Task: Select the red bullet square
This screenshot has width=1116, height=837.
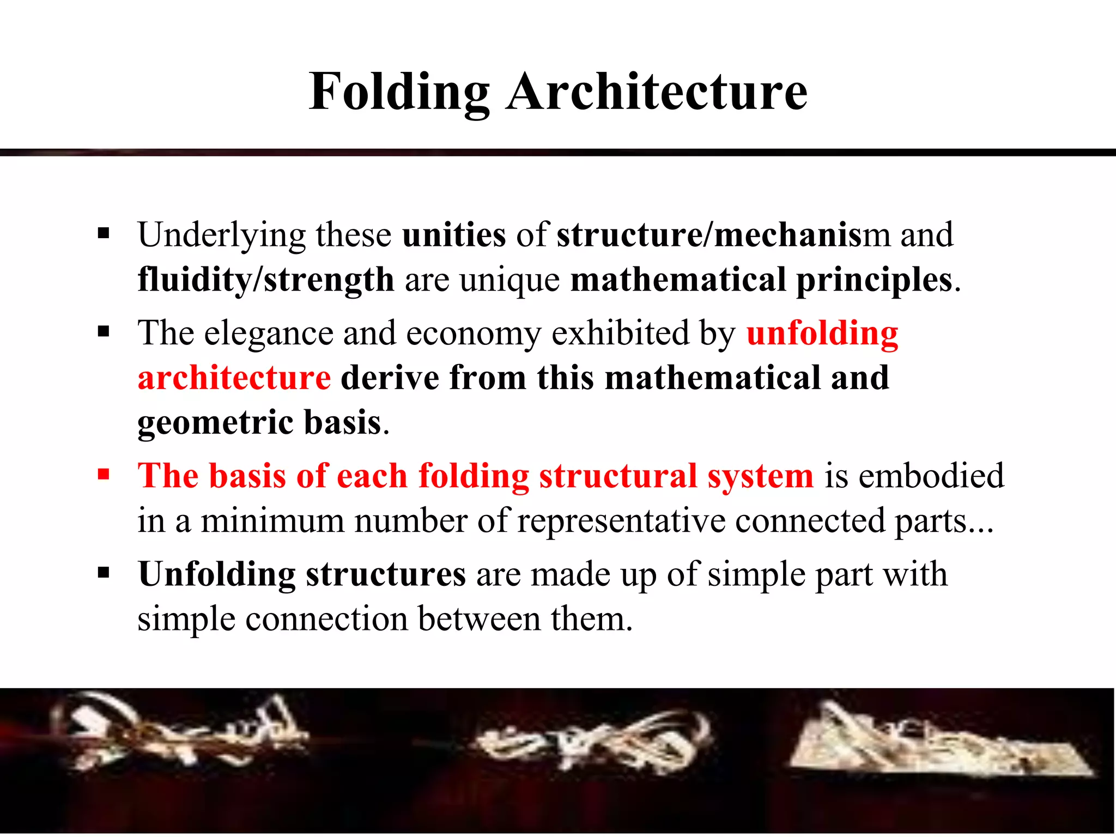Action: point(104,474)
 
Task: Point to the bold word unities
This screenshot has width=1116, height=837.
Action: point(454,235)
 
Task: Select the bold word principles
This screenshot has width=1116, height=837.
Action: point(874,280)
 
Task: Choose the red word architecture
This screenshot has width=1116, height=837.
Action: point(234,378)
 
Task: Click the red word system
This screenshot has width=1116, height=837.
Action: point(760,476)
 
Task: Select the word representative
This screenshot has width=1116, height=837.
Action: point(621,520)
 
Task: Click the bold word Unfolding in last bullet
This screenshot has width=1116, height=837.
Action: point(216,574)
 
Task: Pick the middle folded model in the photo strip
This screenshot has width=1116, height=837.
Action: point(591,741)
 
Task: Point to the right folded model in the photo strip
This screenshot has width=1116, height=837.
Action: point(937,741)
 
